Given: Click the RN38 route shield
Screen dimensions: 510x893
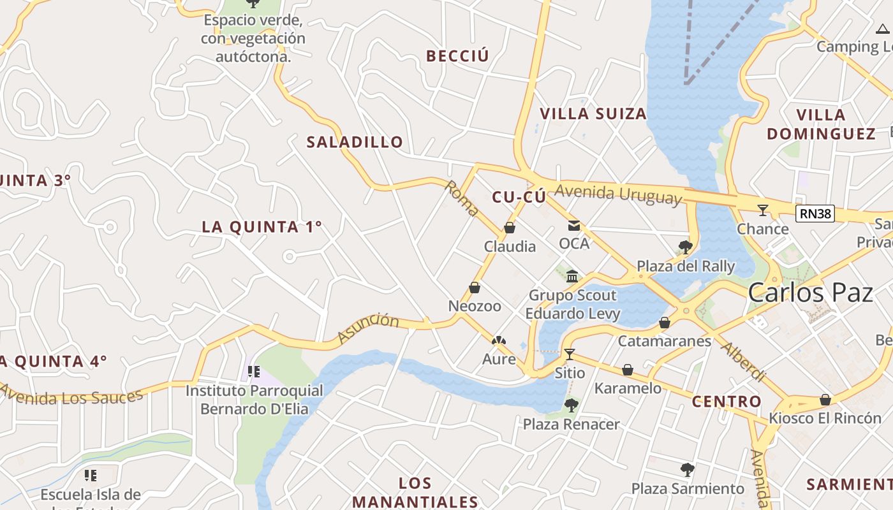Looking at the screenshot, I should click(816, 214).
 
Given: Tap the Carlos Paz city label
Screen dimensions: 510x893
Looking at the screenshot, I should click(810, 293).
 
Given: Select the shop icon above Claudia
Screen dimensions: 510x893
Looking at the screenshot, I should click(510, 228).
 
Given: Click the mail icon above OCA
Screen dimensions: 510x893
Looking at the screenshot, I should click(574, 225).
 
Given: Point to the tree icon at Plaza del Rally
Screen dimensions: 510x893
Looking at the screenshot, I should click(686, 247).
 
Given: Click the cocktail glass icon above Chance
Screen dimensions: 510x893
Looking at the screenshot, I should click(763, 210).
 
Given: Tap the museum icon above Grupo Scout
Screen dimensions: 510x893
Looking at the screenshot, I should click(572, 277).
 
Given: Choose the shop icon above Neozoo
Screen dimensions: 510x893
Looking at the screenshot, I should click(475, 288).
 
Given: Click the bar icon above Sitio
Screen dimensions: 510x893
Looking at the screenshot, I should click(570, 354).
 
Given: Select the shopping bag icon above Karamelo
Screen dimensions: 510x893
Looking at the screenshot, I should click(628, 370).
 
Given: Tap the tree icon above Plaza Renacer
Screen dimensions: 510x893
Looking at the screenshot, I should click(571, 405).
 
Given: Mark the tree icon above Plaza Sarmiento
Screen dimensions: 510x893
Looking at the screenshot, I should click(687, 470).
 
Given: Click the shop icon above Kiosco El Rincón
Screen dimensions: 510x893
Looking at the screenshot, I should click(825, 400).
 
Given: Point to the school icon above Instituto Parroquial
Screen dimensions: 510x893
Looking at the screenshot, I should click(254, 372).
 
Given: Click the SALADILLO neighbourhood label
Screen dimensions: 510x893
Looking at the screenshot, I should click(355, 142).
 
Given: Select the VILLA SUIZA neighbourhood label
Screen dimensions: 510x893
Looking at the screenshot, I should click(593, 114).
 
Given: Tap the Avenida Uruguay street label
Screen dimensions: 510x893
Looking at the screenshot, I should click(618, 193).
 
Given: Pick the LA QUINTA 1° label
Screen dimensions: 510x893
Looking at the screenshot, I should click(262, 227).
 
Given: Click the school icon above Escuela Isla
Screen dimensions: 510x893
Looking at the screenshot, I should click(91, 476).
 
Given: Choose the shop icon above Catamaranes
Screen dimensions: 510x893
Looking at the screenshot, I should click(664, 323).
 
